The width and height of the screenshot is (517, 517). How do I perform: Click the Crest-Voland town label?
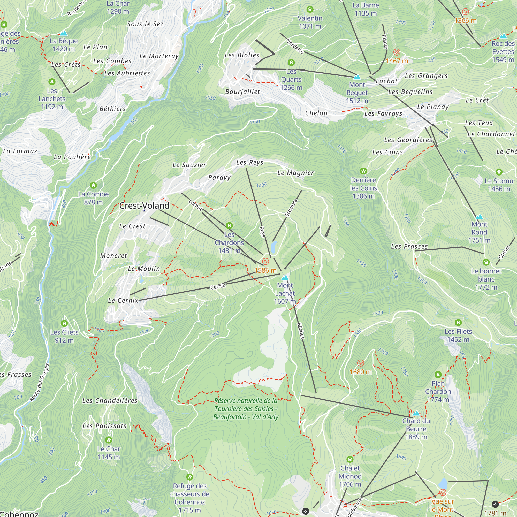[x=144, y=206]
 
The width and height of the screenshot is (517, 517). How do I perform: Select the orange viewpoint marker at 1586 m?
[x=265, y=261]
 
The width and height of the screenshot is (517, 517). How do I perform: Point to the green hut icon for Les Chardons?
[x=229, y=226]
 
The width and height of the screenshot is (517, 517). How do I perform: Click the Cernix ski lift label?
[x=218, y=287]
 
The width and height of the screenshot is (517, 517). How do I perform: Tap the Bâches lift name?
[x=301, y=331]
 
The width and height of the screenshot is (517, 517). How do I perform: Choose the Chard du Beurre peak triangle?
[x=416, y=413]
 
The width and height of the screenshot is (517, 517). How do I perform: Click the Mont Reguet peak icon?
[x=357, y=77]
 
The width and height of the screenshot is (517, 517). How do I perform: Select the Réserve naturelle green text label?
[x=246, y=409]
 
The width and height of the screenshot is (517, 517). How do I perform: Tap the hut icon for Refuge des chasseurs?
[x=189, y=477]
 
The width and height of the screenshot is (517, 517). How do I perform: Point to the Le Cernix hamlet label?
[x=123, y=301]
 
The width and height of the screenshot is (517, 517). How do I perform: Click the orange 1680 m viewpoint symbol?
[x=360, y=363]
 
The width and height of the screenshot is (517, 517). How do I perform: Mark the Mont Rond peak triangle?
[x=479, y=217]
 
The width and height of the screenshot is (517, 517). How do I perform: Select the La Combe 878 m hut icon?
[x=93, y=185]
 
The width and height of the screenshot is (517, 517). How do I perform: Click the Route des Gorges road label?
[x=39, y=382]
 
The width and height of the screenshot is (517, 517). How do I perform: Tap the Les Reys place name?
[x=250, y=162]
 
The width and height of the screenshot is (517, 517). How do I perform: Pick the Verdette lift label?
[x=295, y=46]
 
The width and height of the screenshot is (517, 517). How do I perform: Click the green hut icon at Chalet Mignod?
[x=350, y=459]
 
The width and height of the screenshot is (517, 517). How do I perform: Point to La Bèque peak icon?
[x=63, y=33]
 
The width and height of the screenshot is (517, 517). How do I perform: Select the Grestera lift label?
[x=291, y=208]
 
